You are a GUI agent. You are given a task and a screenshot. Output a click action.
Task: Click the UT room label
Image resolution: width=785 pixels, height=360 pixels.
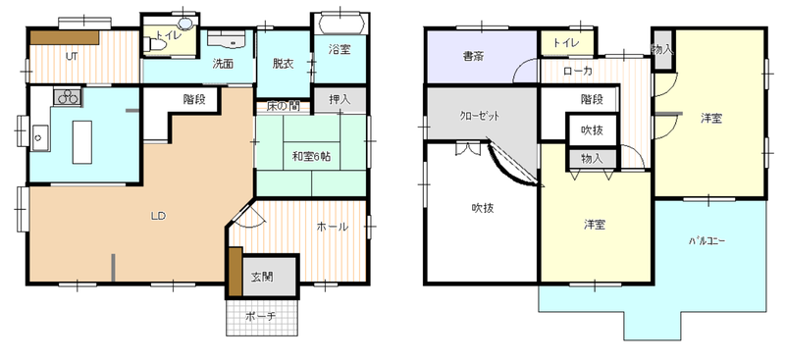pyautogui.click(x=72, y=57)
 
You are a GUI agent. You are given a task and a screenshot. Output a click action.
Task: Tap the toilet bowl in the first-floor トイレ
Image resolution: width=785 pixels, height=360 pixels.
pyautogui.click(x=157, y=45)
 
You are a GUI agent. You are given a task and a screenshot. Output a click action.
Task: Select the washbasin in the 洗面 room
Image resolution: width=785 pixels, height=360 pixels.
pyautogui.click(x=232, y=39)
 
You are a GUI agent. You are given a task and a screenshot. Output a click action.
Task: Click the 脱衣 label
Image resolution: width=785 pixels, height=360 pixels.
pyautogui.click(x=283, y=64)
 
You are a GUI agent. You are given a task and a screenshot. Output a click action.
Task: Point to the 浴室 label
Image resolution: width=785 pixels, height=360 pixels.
pyautogui.click(x=340, y=49)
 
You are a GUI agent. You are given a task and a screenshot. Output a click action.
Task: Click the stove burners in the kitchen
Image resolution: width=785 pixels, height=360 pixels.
pyautogui.click(x=68, y=96)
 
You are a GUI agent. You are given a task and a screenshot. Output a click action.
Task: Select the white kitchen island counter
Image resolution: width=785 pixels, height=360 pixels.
pyautogui.click(x=82, y=141)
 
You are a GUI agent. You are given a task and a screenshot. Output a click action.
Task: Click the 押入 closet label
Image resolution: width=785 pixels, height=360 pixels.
pyautogui.click(x=340, y=100)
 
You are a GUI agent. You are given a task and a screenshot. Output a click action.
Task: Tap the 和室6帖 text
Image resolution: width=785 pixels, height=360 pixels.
pyautogui.click(x=311, y=157)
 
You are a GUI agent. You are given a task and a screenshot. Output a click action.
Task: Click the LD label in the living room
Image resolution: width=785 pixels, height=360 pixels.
pyautogui.click(x=158, y=217)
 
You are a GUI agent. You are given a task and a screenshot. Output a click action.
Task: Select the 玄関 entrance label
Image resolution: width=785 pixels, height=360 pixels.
pyautogui.click(x=262, y=277)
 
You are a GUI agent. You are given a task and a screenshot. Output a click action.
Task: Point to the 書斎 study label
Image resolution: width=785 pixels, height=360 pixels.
pyautogui.click(x=473, y=57)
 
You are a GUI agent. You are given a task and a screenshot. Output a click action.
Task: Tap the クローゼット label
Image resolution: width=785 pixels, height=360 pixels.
pyautogui.click(x=480, y=116)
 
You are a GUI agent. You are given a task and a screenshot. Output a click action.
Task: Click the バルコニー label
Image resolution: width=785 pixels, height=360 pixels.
pyautogui.click(x=706, y=241)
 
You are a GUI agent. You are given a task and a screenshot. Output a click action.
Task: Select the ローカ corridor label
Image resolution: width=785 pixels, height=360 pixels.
pyautogui.click(x=578, y=72)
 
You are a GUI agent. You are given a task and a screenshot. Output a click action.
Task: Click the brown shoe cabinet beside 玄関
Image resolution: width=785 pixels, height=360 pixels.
pyautogui.click(x=235, y=271)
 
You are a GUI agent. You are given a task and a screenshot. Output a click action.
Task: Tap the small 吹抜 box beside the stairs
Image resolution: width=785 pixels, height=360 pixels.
pyautogui.click(x=592, y=130)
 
